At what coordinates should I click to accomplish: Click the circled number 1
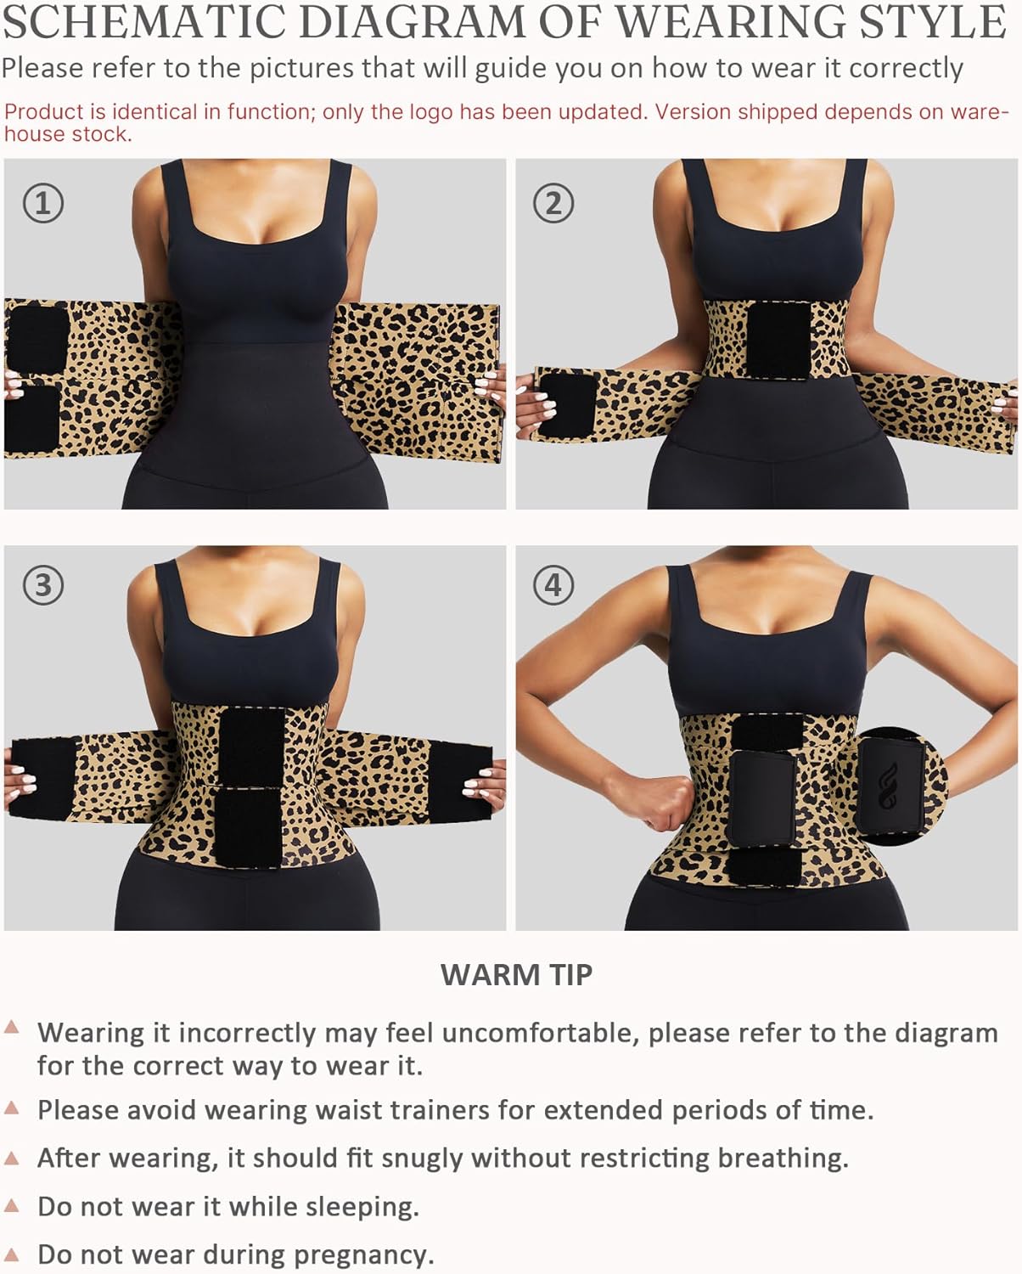(x=42, y=203)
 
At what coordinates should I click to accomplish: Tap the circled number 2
(x=553, y=203)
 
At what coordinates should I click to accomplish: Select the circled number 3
(x=42, y=585)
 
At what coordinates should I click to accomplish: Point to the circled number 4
(x=553, y=585)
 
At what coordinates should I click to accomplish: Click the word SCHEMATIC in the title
(x=144, y=22)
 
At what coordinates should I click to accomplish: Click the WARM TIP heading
(x=516, y=974)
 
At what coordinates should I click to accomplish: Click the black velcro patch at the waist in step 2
(x=778, y=340)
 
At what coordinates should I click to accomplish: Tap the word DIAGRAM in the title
(x=413, y=22)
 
